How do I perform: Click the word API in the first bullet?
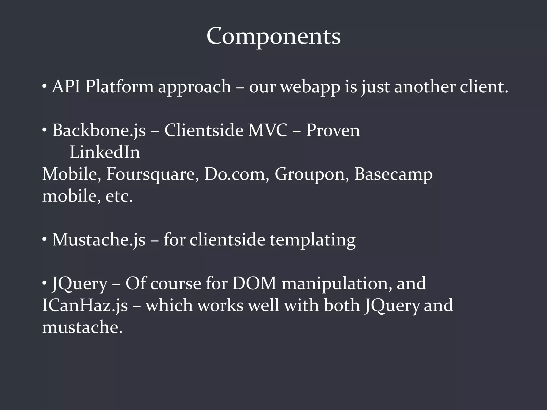pos(66,87)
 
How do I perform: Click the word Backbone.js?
pos(99,131)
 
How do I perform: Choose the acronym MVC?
pos(268,131)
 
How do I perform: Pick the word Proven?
pos(333,131)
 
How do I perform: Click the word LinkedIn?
pos(105,152)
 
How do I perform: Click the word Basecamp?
pos(393,175)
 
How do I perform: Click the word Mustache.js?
pos(99,240)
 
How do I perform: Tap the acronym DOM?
pos(254,283)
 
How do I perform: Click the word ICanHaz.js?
pos(85,306)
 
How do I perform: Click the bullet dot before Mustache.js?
pos(44,239)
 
